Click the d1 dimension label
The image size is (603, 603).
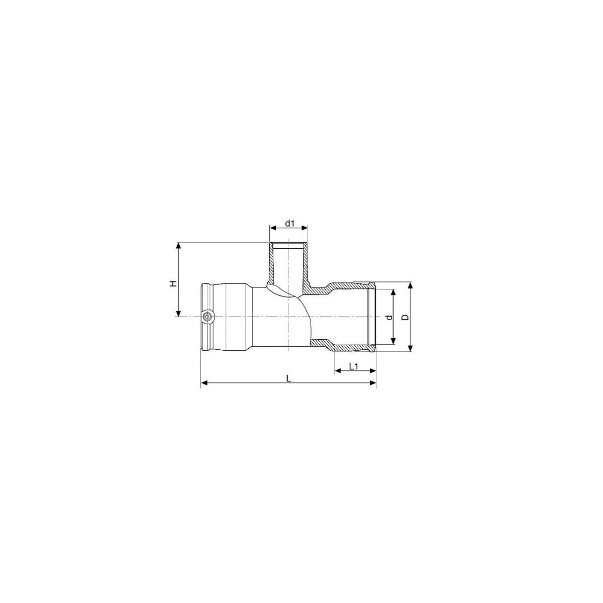(x=290, y=224)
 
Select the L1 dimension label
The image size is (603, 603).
(x=354, y=366)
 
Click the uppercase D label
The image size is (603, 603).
(x=405, y=317)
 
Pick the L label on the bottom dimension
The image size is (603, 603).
(x=289, y=378)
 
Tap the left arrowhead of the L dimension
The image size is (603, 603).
(x=204, y=383)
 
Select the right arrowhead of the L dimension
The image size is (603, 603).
(x=373, y=383)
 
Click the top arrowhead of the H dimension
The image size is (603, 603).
(x=178, y=245)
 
